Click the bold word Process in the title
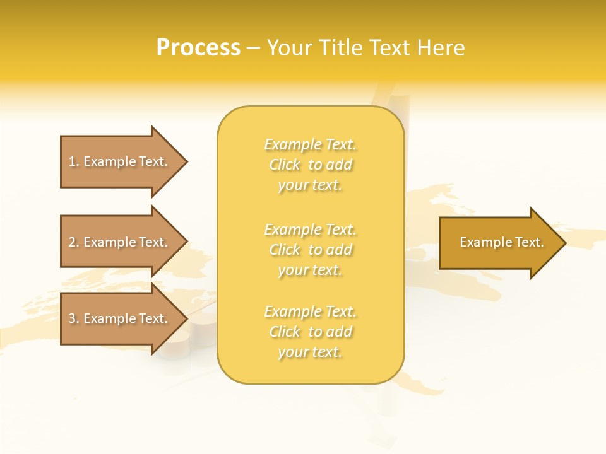198,48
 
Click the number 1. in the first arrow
74,161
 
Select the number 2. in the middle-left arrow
74,242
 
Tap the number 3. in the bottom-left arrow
74,318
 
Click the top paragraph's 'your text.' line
310,185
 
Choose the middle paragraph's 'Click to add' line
311,250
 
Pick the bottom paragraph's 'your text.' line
310,352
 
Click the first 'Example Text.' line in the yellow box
311,144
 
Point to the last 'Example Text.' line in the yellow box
311,311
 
